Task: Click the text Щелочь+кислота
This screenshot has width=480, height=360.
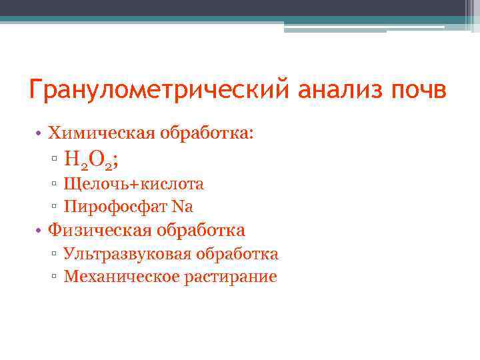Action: pyautogui.click(x=133, y=183)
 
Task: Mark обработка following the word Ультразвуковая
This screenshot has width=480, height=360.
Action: pyautogui.click(x=237, y=254)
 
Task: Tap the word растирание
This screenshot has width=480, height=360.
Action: pyautogui.click(x=227, y=277)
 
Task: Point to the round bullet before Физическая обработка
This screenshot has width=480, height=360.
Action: pyautogui.click(x=40, y=231)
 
